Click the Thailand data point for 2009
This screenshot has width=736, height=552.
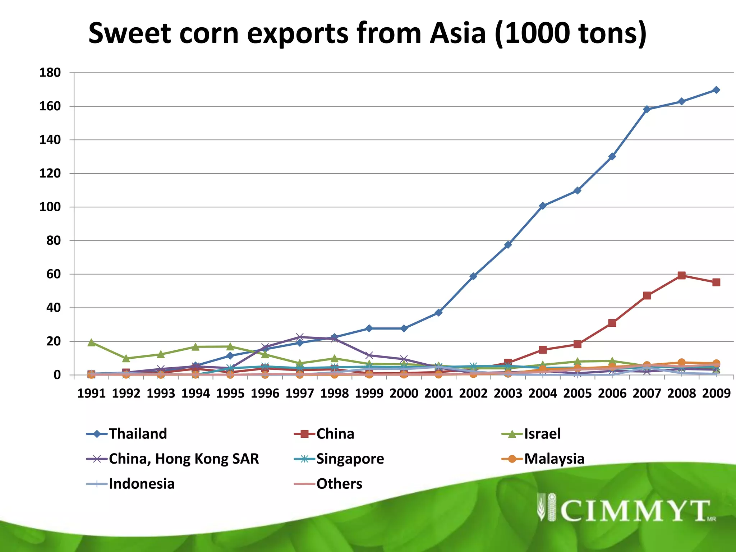pyautogui.click(x=716, y=90)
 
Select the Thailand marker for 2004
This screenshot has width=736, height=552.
pyautogui.click(x=543, y=206)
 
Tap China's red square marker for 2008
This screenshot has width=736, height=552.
pyautogui.click(x=681, y=276)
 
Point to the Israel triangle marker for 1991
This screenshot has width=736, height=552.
pyautogui.click(x=91, y=342)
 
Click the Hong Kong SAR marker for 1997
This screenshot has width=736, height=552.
pyautogui.click(x=300, y=337)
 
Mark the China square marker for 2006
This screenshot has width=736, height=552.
pyautogui.click(x=612, y=323)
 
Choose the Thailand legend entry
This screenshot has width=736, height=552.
pyautogui.click(x=138, y=434)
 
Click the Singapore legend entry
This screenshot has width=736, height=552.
pyautogui.click(x=350, y=459)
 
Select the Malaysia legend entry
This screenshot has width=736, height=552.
pyautogui.click(x=554, y=459)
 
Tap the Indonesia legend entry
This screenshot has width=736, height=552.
pyautogui.click(x=142, y=484)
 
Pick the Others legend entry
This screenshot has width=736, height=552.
pyautogui.click(x=339, y=484)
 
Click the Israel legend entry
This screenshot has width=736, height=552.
pyautogui.click(x=542, y=434)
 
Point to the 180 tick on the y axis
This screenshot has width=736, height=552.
pyautogui.click(x=50, y=73)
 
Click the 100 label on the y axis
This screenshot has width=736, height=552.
pyautogui.click(x=50, y=207)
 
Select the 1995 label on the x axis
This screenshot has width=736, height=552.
pyautogui.click(x=230, y=394)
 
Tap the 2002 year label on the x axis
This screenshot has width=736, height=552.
pyautogui.click(x=473, y=394)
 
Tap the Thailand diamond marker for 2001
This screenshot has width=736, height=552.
pyautogui.click(x=438, y=313)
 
